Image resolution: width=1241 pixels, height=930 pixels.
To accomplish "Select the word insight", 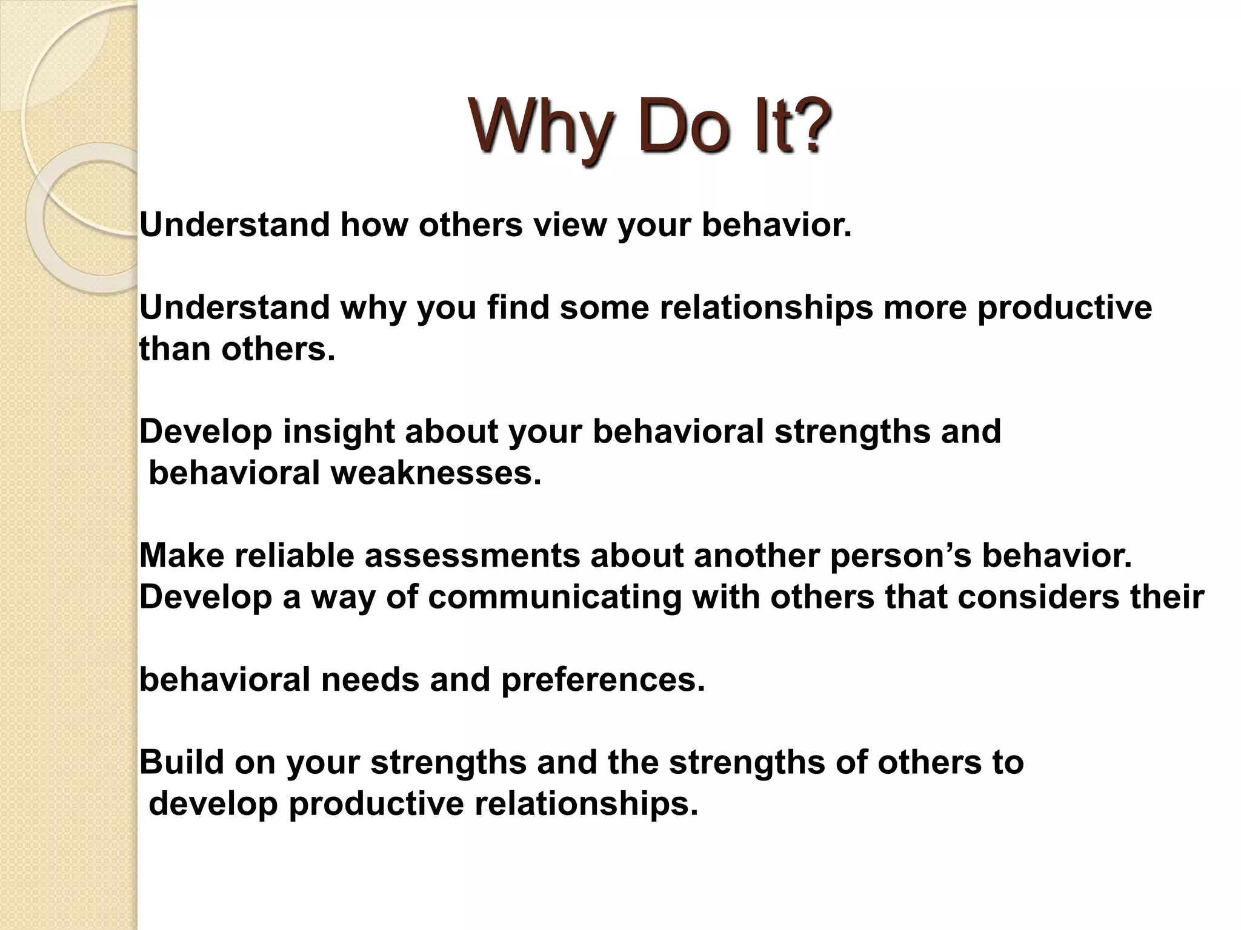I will click(x=338, y=432).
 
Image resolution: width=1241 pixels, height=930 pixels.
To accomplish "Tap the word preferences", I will click(x=603, y=680).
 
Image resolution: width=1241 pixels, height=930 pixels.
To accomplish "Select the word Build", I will click(x=182, y=762).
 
